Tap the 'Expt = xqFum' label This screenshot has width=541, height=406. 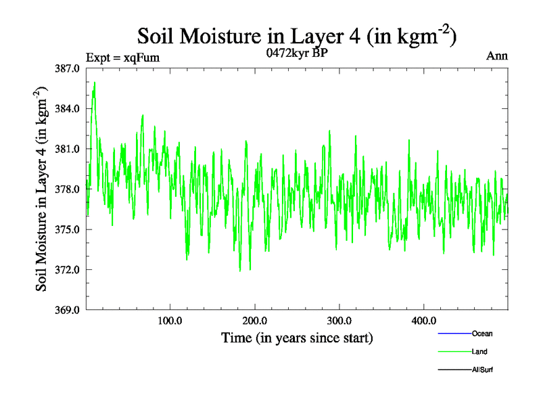122,58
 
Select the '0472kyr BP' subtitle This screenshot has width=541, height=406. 298,53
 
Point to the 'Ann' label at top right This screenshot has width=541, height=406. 497,55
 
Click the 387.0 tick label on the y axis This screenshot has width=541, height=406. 68,68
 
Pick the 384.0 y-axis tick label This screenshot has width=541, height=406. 68,109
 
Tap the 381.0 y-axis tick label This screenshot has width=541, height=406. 68,149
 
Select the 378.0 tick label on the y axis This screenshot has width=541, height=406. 68,189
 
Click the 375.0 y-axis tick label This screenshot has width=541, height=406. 68,229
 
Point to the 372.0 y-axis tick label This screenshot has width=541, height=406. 68,270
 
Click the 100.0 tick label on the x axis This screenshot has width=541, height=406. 170,320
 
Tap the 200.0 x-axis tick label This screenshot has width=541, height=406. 255,320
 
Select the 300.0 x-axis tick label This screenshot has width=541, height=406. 339,320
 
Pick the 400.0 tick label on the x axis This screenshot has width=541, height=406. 424,320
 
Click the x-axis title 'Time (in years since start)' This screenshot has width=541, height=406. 297,337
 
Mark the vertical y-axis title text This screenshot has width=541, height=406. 42,189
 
